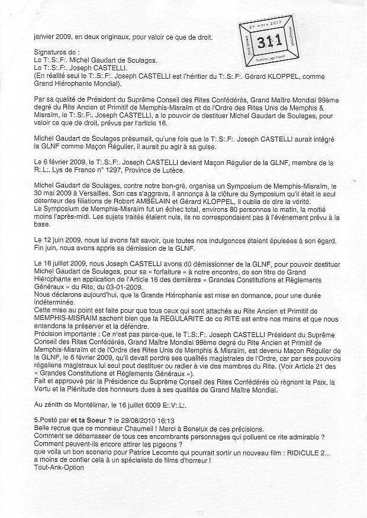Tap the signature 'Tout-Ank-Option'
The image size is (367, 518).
click(51, 467)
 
